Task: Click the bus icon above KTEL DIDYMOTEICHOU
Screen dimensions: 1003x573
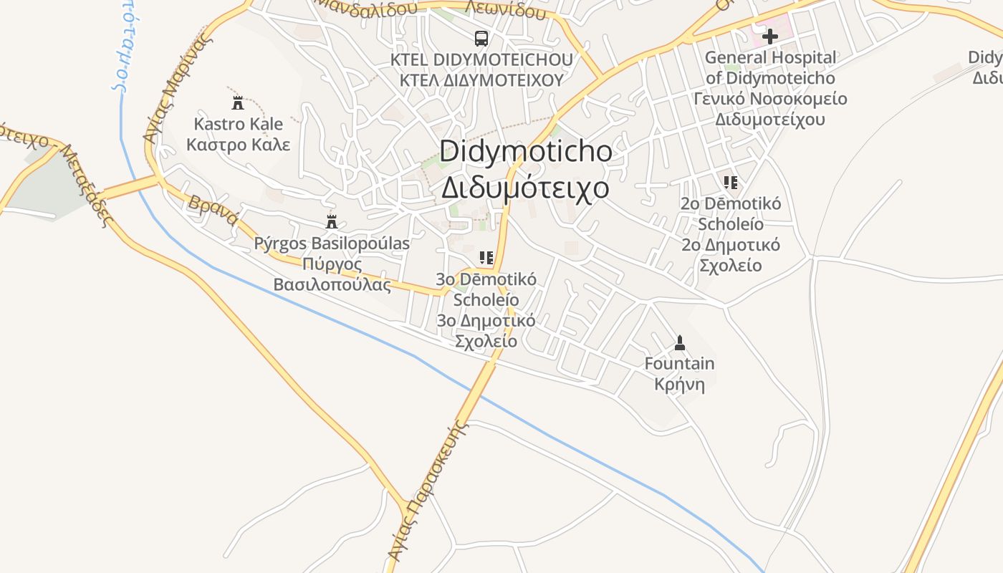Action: coord(481,38)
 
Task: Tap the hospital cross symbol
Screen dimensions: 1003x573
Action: coord(770,36)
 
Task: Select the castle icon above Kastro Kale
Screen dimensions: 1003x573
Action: coord(238,102)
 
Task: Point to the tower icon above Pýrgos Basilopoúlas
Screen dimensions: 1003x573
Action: coord(331,221)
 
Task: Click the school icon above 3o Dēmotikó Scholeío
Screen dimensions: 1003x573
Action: coord(486,257)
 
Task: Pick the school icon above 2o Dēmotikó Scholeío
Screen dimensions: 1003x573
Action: coord(730,182)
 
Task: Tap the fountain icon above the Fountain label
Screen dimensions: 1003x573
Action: coord(679,342)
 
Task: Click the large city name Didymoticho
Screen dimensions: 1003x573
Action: coord(526,151)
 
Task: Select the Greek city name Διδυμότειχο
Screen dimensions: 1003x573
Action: coord(525,188)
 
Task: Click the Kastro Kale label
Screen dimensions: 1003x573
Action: coord(239,124)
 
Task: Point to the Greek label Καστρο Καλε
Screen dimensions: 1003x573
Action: coord(239,144)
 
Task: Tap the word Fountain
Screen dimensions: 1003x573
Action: coord(679,363)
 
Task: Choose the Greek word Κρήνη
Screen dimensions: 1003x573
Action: coord(679,384)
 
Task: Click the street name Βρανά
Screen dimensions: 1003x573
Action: coord(212,210)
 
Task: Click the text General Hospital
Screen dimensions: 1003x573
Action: coord(770,57)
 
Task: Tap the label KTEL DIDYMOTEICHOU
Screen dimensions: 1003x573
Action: coord(481,59)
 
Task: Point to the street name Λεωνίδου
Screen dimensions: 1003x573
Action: coord(505,9)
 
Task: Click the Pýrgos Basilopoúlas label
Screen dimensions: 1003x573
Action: coord(332,244)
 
